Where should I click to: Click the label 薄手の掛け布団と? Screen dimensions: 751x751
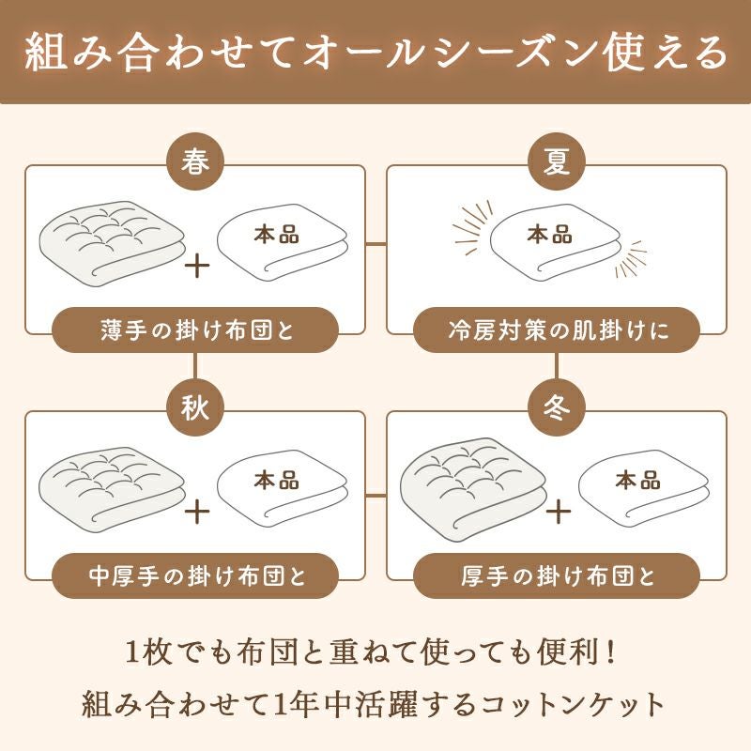pos(194,330)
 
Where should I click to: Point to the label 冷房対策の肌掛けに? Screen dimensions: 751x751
pos(557,330)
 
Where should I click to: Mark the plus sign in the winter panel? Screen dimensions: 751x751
pos(558,512)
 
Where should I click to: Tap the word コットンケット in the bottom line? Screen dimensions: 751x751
pos(582,702)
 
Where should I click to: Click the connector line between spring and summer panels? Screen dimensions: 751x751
pos(375,244)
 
